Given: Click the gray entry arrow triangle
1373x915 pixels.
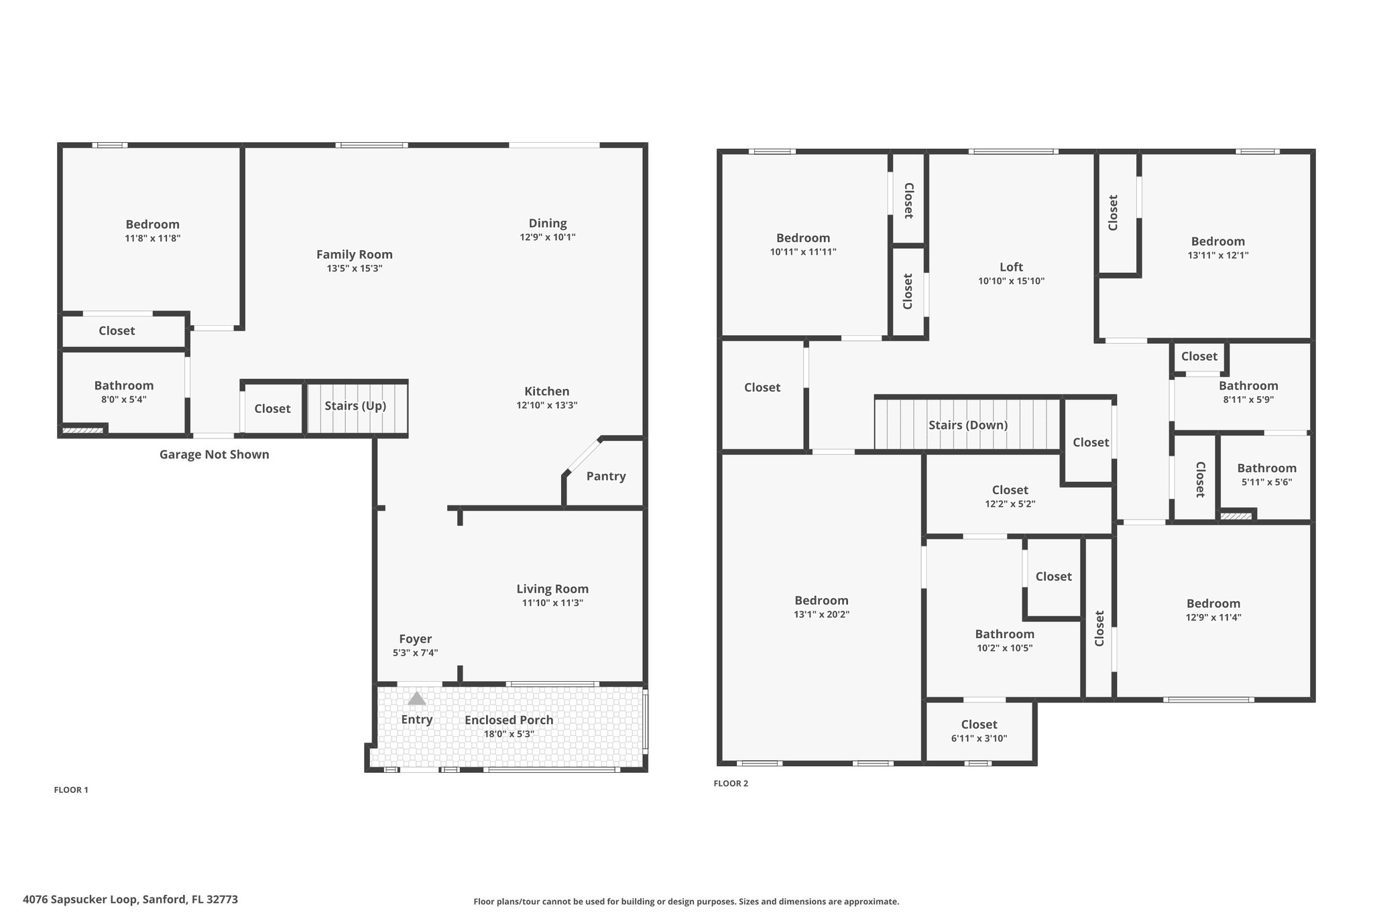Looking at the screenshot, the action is [x=417, y=698].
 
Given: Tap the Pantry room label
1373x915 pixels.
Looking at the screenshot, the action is [x=606, y=476].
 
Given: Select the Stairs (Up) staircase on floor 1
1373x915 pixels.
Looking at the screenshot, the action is [x=357, y=408].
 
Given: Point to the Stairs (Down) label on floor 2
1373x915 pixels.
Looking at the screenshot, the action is [x=968, y=425].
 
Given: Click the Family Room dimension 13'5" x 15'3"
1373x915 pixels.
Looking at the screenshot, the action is [x=355, y=269].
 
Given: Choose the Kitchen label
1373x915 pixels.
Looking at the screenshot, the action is [x=547, y=391].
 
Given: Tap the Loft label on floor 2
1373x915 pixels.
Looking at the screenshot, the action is [x=1011, y=267].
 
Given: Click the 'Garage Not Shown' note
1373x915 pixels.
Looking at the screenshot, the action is [x=215, y=454].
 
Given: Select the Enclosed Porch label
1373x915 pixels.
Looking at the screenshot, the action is [x=509, y=720].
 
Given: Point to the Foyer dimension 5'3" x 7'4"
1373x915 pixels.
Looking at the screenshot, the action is [x=416, y=653].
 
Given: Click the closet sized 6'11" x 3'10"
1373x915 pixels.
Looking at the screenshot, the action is [x=979, y=731].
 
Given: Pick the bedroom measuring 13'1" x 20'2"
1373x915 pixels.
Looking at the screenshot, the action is [x=822, y=607].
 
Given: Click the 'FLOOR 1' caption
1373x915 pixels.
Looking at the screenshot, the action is [x=71, y=790].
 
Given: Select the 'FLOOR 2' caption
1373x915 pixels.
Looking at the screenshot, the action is [x=731, y=784].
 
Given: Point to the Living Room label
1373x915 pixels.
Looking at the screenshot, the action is [x=552, y=589].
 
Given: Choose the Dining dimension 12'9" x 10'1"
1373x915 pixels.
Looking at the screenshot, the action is [x=548, y=237].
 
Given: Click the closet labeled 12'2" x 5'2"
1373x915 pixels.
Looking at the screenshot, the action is [x=1010, y=496].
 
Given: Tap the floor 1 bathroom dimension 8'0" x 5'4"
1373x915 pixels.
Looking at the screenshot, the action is [x=124, y=400].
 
